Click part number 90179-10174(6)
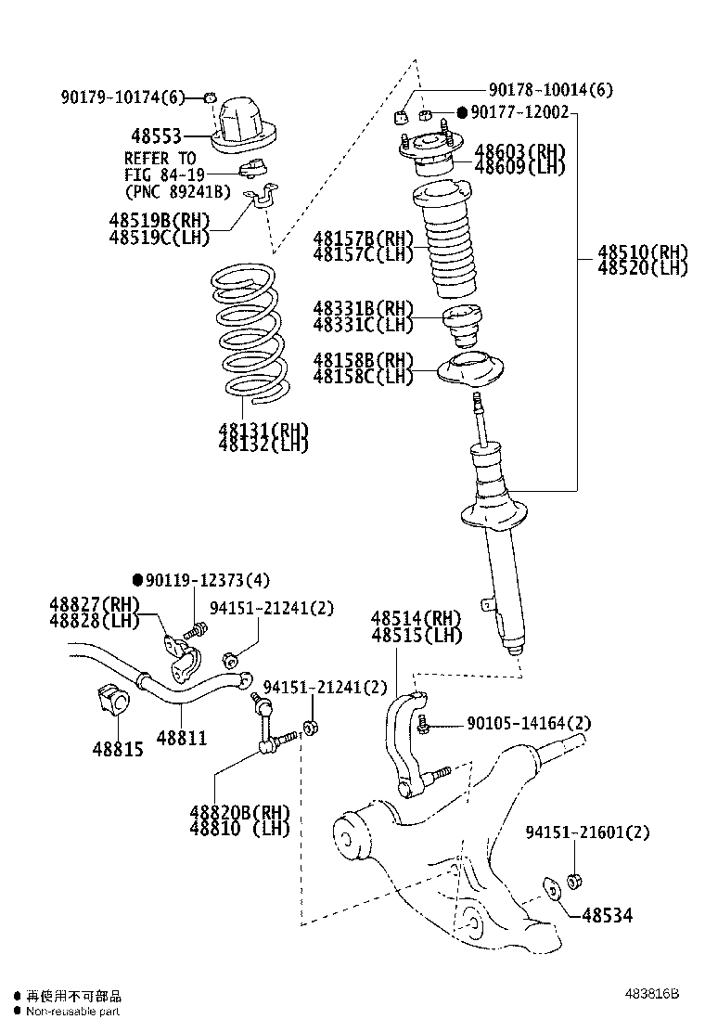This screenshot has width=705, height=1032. (124, 97)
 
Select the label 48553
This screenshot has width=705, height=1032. (155, 136)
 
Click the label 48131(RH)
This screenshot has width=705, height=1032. (263, 430)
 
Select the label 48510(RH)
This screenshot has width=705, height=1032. (643, 252)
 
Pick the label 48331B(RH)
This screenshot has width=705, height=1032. (363, 308)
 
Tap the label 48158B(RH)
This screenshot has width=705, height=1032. (363, 359)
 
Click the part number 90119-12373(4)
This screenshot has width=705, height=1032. (208, 580)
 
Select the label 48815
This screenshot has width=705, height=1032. (118, 748)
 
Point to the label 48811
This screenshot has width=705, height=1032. (182, 739)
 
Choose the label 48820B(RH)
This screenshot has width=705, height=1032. (239, 811)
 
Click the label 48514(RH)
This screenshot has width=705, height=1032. (416, 619)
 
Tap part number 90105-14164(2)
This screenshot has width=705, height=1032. (529, 723)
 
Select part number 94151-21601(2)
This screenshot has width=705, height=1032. (587, 832)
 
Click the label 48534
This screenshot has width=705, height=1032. (608, 916)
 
